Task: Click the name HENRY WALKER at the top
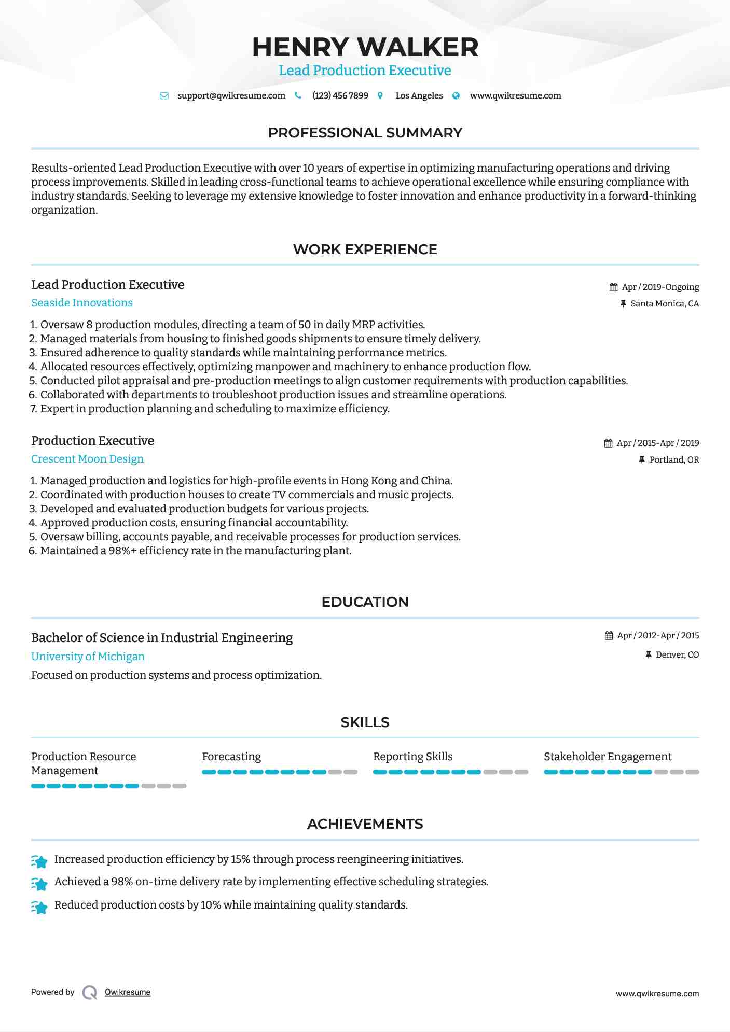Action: (x=365, y=47)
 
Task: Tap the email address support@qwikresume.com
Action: (x=231, y=95)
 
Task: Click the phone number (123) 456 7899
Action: (x=340, y=95)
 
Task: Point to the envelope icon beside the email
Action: (x=164, y=96)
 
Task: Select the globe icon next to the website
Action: (x=456, y=95)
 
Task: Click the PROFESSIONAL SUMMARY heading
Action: (x=365, y=133)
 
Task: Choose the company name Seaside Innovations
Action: (x=82, y=303)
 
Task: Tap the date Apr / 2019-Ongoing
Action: (x=660, y=287)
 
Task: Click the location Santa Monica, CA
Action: (x=665, y=303)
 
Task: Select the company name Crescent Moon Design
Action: (x=87, y=459)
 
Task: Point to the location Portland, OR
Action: (x=674, y=459)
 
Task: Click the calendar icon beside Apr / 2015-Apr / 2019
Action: (x=608, y=443)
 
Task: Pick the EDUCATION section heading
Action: (x=365, y=602)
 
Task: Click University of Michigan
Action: (x=88, y=657)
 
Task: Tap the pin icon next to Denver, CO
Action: (x=648, y=655)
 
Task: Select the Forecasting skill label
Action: (x=231, y=757)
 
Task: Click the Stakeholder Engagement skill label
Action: (x=607, y=757)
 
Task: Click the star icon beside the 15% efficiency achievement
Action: (x=39, y=861)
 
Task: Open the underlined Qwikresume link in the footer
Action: (x=128, y=992)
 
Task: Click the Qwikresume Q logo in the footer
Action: (x=90, y=992)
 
